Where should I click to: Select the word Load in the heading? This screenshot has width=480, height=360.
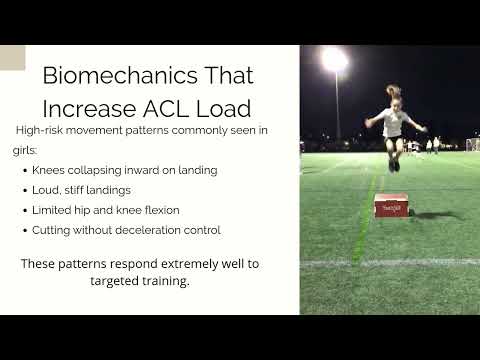[x=226, y=107]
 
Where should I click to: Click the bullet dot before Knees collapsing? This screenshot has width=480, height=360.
[x=24, y=170]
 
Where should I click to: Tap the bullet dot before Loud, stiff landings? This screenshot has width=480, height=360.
[x=24, y=190]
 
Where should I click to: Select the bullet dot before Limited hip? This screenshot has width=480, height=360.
[x=24, y=211]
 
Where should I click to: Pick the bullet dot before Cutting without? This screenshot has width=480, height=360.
[x=24, y=231]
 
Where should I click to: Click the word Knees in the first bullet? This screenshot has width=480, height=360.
[x=49, y=170]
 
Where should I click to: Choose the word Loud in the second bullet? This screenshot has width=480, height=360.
[x=46, y=190]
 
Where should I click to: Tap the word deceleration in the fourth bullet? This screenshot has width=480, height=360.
[x=151, y=231]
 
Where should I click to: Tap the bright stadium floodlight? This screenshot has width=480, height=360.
[x=335, y=60]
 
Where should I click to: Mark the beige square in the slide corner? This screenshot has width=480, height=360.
[x=12, y=57]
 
